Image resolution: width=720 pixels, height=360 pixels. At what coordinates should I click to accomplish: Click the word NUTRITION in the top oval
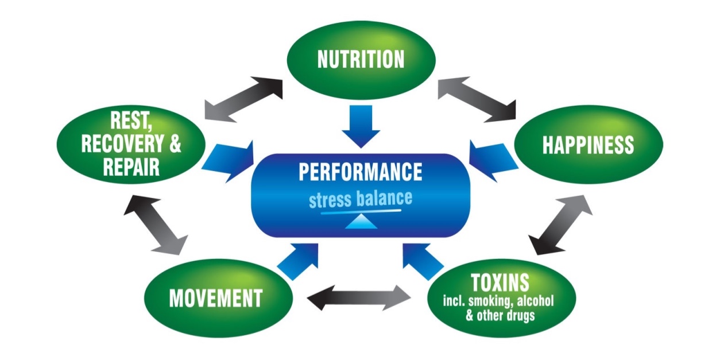click(x=361, y=59)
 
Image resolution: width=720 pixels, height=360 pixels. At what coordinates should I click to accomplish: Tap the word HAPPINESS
click(x=588, y=145)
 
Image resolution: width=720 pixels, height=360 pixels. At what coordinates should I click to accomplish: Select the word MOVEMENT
click(x=215, y=299)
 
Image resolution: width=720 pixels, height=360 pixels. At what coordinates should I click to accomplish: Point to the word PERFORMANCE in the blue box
click(x=361, y=172)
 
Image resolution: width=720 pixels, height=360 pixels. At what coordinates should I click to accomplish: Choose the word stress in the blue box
click(x=330, y=200)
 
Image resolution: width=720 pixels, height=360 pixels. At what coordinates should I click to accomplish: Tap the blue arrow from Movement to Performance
click(x=299, y=260)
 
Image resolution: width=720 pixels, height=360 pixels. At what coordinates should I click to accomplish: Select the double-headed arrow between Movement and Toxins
click(x=359, y=297)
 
